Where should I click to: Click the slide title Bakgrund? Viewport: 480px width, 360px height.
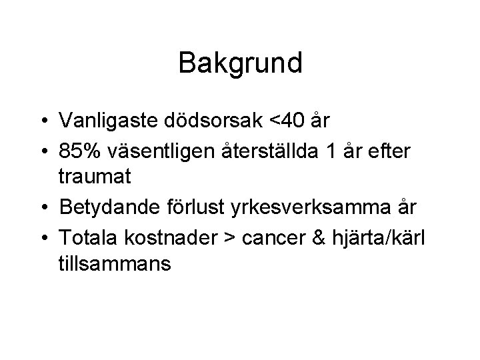point(241,63)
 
